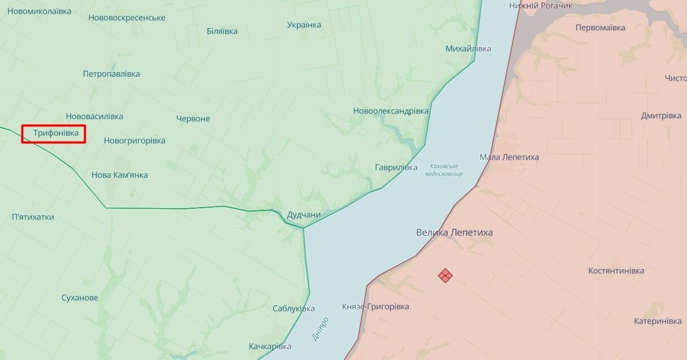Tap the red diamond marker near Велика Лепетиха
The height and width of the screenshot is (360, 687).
click(x=445, y=275)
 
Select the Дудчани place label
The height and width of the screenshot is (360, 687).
click(x=304, y=214)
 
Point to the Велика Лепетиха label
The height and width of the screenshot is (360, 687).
click(x=454, y=232)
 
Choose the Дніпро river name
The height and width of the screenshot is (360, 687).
click(x=320, y=328)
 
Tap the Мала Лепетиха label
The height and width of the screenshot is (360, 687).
click(x=509, y=157)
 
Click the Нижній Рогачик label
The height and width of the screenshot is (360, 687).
click(x=540, y=5)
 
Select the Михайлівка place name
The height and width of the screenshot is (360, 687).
click(x=468, y=49)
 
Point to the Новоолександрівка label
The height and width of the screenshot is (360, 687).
click(x=391, y=111)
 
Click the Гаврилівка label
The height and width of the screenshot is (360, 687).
click(x=396, y=168)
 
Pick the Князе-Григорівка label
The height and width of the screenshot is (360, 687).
click(x=375, y=307)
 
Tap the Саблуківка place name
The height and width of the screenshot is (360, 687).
click(x=294, y=309)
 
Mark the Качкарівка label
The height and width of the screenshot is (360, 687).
click(x=270, y=346)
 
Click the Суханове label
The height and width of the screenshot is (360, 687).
click(x=80, y=298)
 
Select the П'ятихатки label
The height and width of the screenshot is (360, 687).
click(x=33, y=217)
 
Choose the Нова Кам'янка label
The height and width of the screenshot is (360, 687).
click(x=120, y=175)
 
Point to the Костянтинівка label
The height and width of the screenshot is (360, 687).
click(x=616, y=271)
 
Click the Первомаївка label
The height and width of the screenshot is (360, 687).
click(x=601, y=28)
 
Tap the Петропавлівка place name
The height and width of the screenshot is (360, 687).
click(x=111, y=74)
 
